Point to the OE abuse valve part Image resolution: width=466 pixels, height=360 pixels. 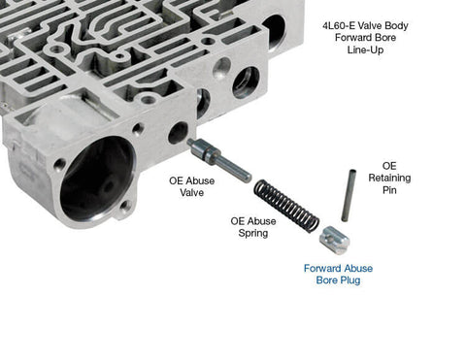(x=217, y=158)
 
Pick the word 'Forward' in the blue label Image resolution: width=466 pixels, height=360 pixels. (x=323, y=268)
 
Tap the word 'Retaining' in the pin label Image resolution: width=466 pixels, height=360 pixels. (x=389, y=178)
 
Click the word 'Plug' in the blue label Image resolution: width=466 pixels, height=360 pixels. (x=349, y=281)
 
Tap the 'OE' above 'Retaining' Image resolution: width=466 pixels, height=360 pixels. (x=389, y=165)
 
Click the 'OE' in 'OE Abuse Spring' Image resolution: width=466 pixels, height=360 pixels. (x=239, y=220)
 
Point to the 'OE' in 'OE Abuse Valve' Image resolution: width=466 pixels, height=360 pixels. (x=179, y=180)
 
